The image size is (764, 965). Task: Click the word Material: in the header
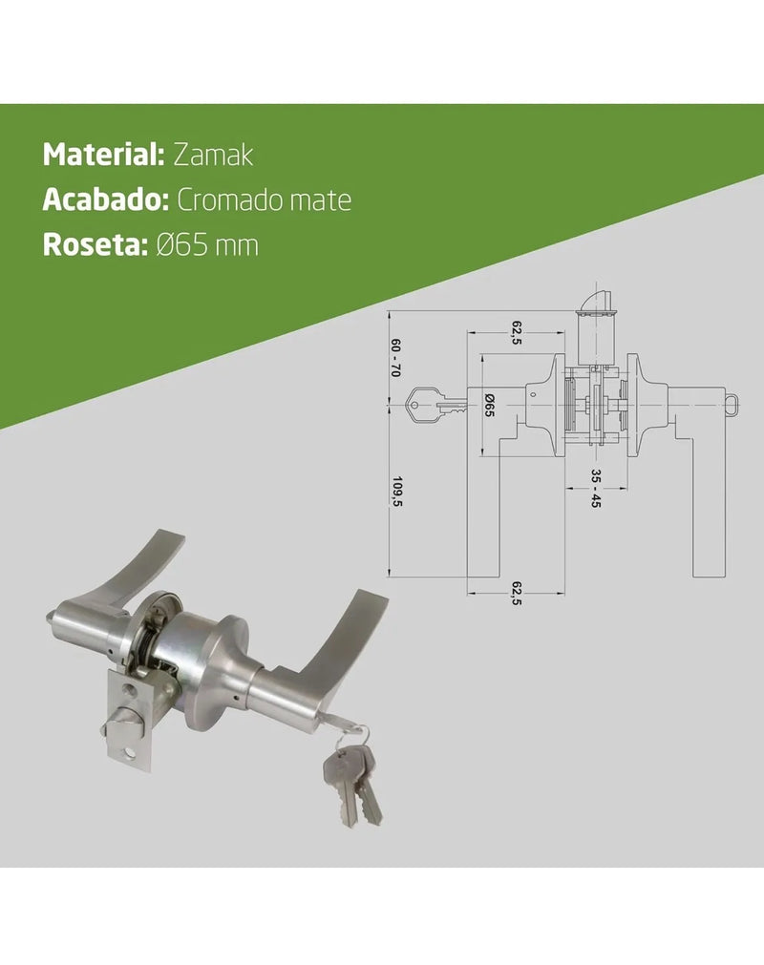pos(103,155)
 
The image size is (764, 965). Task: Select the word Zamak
pos(213,155)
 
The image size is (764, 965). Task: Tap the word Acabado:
pos(105,200)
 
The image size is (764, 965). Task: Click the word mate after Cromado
pos(326,200)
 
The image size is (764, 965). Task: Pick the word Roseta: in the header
pos(95,245)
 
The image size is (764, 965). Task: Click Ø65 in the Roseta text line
pos(180,245)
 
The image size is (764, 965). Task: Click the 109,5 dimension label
pos(397,492)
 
